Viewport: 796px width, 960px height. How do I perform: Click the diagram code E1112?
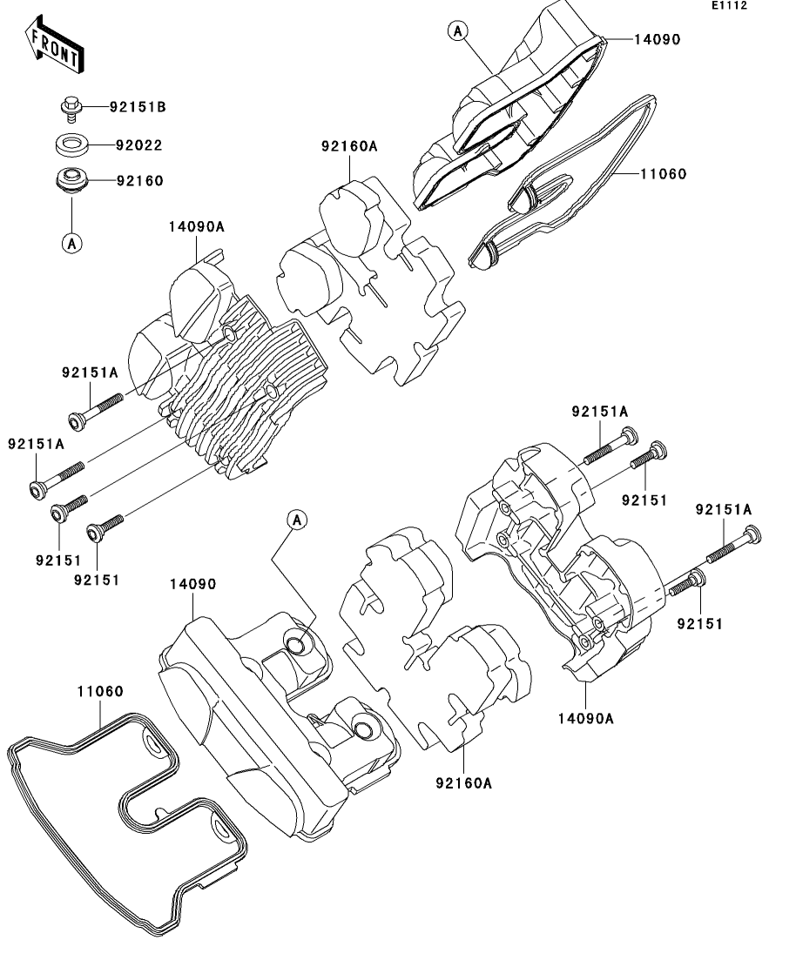pyautogui.click(x=729, y=6)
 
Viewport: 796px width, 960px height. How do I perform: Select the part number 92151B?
pyautogui.click(x=137, y=108)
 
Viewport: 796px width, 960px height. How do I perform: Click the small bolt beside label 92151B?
pyautogui.click(x=70, y=109)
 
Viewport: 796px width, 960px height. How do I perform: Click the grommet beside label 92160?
pyautogui.click(x=70, y=180)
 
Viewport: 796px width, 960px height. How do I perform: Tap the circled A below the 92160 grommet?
pyautogui.click(x=71, y=244)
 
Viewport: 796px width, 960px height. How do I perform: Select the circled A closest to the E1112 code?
pyautogui.click(x=458, y=32)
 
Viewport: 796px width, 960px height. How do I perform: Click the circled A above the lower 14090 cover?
pyautogui.click(x=297, y=520)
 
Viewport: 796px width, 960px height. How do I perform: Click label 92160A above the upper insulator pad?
pyautogui.click(x=348, y=146)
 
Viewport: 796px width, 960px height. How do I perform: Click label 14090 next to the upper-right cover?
pyautogui.click(x=656, y=39)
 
